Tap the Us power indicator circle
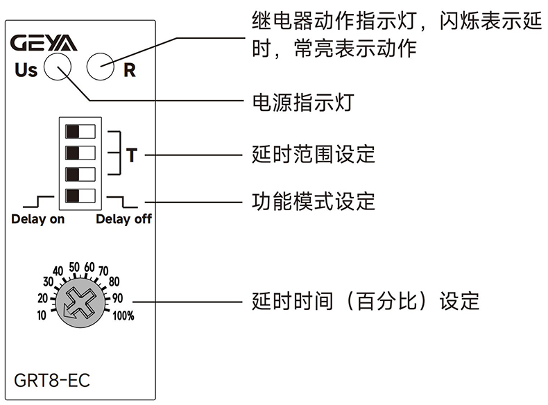tap(58, 69)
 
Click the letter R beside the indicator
tap(129, 70)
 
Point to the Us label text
tap(26, 70)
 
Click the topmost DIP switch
tap(80, 130)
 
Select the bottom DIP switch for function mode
tap(80, 195)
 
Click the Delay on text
tap(38, 220)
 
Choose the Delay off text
tap(123, 220)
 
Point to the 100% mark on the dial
tap(123, 316)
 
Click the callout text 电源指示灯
tap(302, 103)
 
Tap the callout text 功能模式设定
tap(313, 202)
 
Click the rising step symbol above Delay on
tap(40, 202)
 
